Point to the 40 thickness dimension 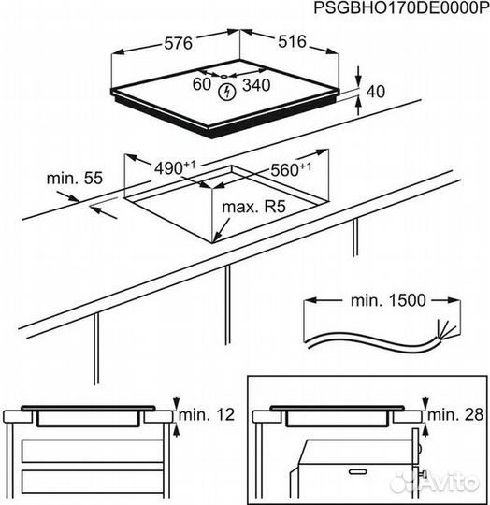click(376, 92)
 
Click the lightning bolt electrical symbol click(225, 91)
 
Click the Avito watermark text click(448, 481)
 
